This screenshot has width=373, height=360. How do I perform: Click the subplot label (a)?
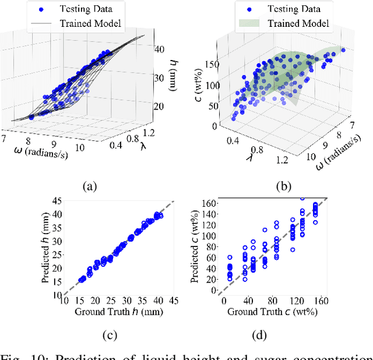[89, 186]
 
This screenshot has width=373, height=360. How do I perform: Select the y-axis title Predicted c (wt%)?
[195, 246]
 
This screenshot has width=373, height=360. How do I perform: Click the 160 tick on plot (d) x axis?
[320, 301]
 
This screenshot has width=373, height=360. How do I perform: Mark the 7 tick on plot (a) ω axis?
[5, 137]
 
